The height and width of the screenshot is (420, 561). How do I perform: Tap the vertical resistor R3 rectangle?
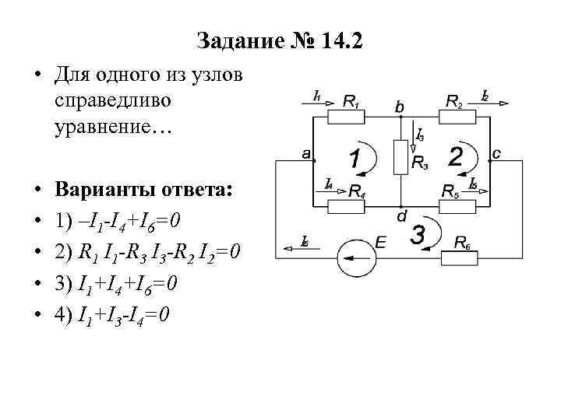[x=400, y=157]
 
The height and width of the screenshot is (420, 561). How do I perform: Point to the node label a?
[x=307, y=154]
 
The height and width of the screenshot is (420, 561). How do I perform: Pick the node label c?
[x=496, y=153]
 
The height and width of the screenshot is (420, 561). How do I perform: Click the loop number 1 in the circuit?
[x=355, y=159]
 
